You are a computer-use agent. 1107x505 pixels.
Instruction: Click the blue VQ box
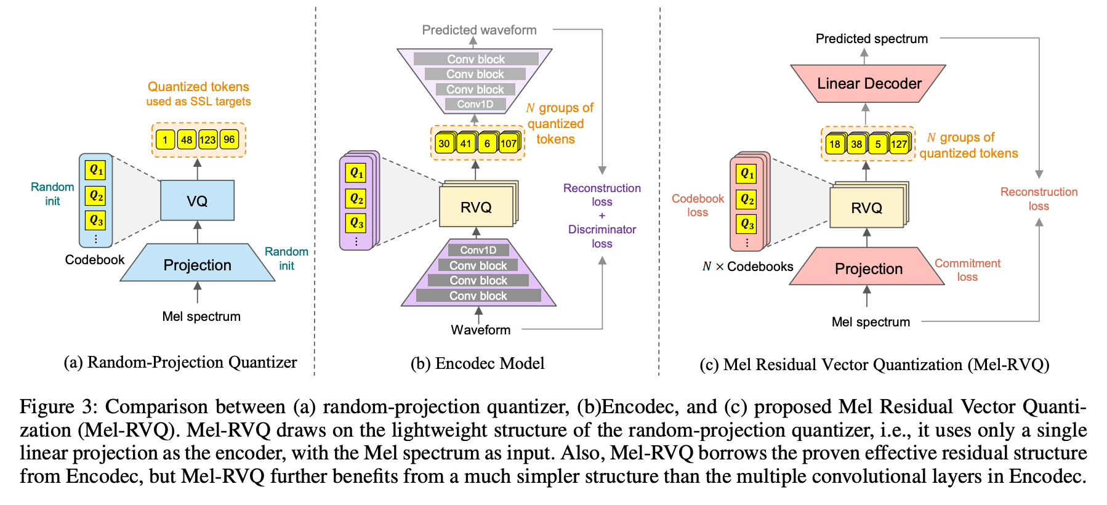click(197, 201)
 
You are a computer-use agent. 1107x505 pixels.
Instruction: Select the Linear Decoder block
click(868, 84)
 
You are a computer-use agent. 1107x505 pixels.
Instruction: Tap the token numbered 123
click(207, 140)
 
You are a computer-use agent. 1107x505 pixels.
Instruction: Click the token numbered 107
click(508, 144)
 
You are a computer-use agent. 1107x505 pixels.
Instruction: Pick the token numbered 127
click(899, 145)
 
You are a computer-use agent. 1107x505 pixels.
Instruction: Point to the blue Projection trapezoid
click(197, 265)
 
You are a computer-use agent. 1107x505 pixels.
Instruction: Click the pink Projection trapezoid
click(868, 269)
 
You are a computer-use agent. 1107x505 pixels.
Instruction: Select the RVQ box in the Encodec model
click(476, 208)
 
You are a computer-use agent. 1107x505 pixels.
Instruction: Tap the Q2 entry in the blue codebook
click(96, 196)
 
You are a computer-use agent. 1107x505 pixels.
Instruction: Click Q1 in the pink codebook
click(747, 174)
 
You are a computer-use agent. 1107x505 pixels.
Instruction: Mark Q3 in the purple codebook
click(356, 222)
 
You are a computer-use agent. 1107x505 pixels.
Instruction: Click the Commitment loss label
click(967, 270)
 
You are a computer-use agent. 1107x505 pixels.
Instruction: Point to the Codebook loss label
click(698, 205)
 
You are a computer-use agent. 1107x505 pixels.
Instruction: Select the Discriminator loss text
click(602, 236)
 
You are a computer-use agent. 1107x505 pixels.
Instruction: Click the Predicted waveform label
click(479, 30)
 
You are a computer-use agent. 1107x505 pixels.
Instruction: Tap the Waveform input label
click(480, 329)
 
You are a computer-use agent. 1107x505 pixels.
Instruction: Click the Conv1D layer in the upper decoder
click(475, 104)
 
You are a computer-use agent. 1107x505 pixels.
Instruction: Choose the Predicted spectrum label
click(871, 38)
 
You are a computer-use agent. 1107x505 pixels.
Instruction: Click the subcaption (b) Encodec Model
click(477, 363)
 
